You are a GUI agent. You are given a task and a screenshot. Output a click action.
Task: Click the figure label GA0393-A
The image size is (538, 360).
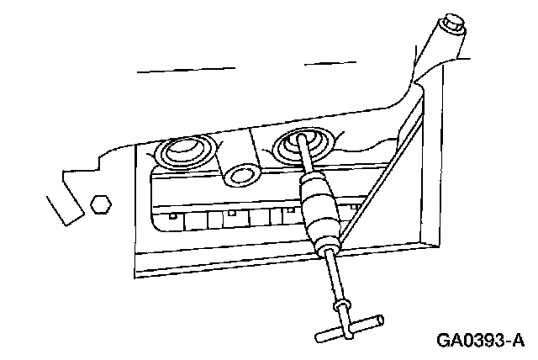480,341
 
